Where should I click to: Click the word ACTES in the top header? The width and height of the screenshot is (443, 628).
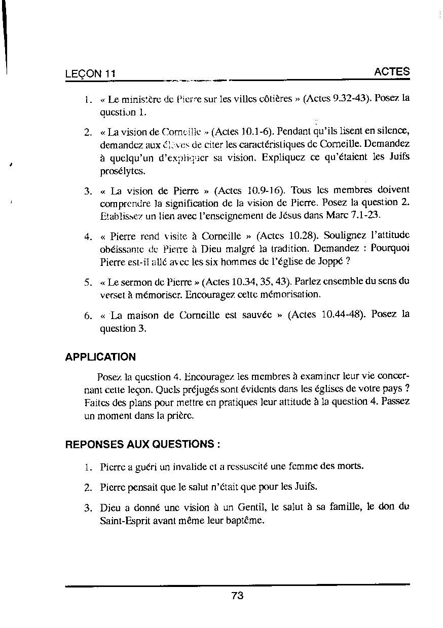click(x=392, y=72)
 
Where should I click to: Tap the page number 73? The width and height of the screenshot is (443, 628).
click(x=237, y=596)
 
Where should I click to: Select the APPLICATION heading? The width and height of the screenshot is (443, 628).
click(x=100, y=357)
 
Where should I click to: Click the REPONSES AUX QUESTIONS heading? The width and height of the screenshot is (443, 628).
click(x=142, y=445)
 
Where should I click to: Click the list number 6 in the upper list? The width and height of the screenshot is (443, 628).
click(x=88, y=315)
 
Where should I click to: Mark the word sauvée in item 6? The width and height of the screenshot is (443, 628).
click(x=258, y=315)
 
